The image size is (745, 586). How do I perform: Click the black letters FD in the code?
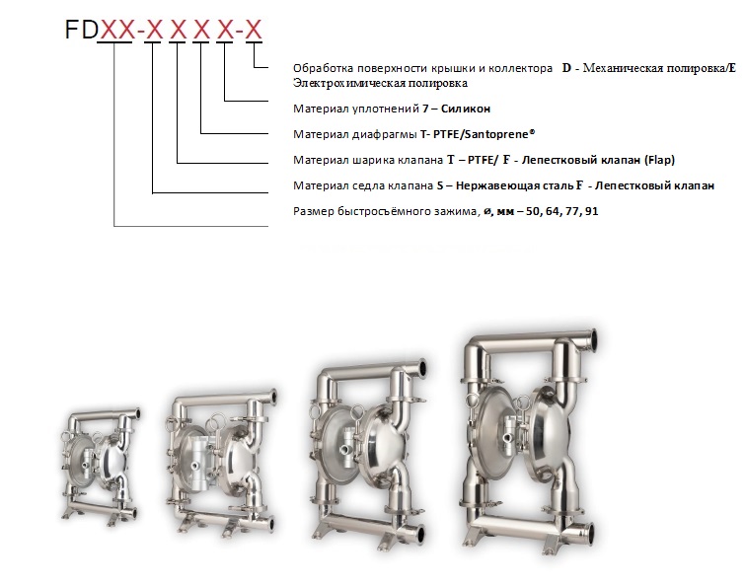[81, 30]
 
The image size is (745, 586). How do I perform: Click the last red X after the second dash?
[254, 30]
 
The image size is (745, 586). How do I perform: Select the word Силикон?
[465, 109]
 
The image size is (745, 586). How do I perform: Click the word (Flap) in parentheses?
[659, 160]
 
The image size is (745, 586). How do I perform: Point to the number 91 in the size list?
[591, 211]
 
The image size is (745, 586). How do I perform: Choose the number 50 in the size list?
[533, 211]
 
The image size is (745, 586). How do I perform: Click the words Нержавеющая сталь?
[514, 185]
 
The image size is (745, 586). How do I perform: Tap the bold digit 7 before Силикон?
[425, 109]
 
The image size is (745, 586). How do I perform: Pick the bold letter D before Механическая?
[566, 68]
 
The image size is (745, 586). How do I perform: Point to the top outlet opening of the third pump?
[422, 368]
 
